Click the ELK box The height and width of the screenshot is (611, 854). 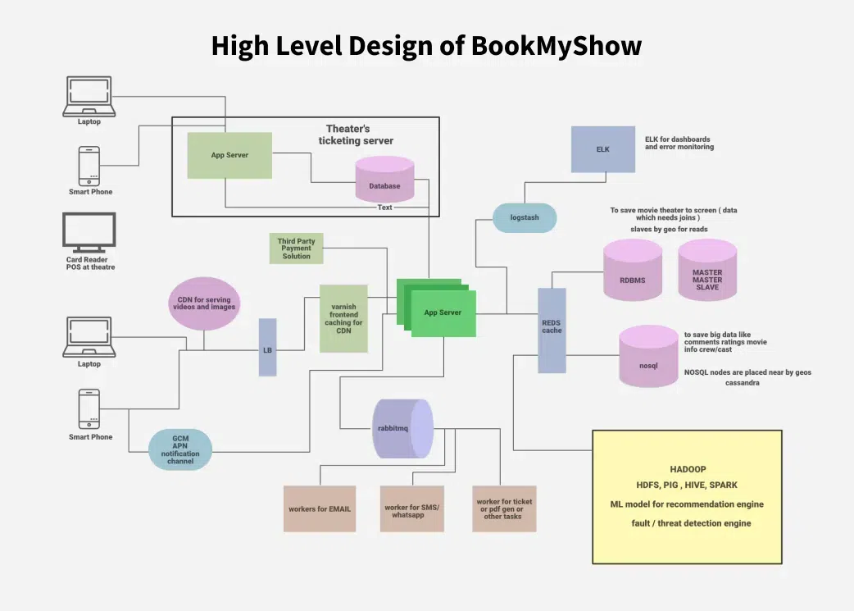coord(603,149)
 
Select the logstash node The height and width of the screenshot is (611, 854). coord(525,218)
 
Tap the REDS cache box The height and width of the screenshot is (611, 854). coord(552,331)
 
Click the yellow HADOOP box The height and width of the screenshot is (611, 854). coord(687,496)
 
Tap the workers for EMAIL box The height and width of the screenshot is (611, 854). coord(320,508)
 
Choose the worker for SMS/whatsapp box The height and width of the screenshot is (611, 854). coord(412,508)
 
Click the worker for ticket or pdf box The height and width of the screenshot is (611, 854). coord(505,508)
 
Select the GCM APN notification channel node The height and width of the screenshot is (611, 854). coord(180,449)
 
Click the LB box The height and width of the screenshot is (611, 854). coord(267,348)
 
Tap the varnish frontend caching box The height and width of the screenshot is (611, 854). coord(343,318)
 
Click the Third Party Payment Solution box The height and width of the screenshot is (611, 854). coord(297,249)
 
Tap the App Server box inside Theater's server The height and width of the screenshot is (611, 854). coord(229,155)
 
